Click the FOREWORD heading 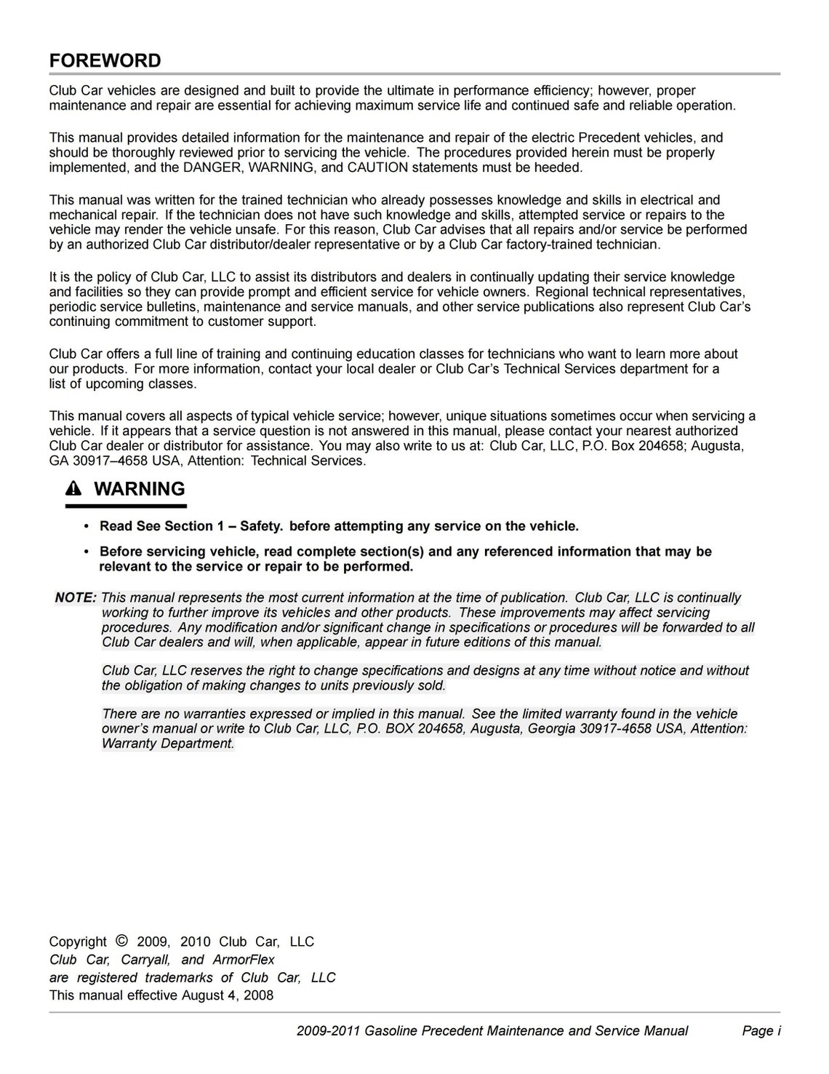(105, 60)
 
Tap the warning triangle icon (75, 490)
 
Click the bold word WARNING (140, 489)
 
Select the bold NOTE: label (76, 598)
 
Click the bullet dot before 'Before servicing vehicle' (87, 552)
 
